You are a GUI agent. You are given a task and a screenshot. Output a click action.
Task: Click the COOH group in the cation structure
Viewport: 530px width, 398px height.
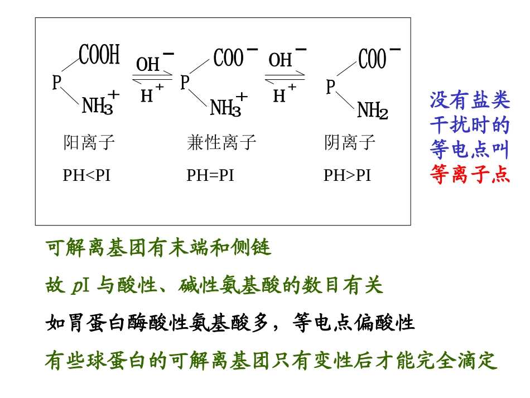pos(99,56)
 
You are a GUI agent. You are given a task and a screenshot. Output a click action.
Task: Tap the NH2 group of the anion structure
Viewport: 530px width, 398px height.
pos(372,111)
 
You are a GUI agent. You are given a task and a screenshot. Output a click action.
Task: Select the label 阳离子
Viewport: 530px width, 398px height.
pos(89,143)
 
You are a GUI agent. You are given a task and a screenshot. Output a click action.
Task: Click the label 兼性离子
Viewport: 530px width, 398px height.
pos(221,143)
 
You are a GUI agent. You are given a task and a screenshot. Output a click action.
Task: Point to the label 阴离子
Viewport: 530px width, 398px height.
pos(350,143)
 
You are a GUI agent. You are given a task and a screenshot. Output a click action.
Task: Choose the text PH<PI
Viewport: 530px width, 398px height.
pos(86,175)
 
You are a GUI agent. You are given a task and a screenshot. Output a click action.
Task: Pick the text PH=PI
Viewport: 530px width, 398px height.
pos(210,175)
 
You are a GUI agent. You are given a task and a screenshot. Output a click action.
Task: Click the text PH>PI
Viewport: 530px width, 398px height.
pos(347,175)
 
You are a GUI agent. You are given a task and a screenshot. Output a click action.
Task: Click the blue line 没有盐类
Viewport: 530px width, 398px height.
pos(470,100)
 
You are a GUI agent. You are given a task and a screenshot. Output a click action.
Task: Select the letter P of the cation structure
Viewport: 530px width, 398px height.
pos(57,83)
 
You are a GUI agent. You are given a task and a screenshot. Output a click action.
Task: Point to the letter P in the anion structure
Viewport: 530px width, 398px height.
pos(331,87)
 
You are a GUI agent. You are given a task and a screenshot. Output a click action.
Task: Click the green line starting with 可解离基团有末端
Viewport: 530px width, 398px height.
pos(158,248)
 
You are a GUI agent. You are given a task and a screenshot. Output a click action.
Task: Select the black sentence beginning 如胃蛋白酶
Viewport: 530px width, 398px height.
pos(230,323)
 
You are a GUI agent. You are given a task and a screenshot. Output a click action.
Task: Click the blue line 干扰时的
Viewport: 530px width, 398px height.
pos(470,125)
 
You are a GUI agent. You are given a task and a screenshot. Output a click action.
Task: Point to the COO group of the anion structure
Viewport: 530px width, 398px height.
pos(373,59)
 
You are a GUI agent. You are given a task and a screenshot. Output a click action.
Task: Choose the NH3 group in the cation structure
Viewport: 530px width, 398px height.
pos(98,106)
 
